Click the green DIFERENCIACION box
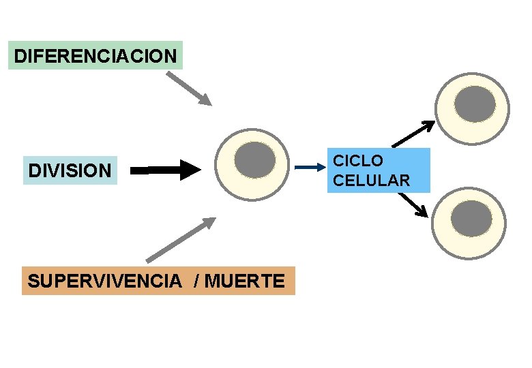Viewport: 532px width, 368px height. point(95,55)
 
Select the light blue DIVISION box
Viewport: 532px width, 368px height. point(70,170)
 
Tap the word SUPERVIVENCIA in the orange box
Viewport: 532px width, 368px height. point(104,280)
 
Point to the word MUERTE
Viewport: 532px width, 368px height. point(244,280)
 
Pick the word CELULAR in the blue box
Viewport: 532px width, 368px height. point(372,181)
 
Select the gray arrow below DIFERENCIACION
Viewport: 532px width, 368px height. point(190,89)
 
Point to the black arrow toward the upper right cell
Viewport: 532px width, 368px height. point(413,134)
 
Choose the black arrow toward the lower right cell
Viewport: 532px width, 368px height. point(413,204)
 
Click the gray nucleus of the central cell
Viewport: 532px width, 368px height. point(254,160)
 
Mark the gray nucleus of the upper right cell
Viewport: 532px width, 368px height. point(475,104)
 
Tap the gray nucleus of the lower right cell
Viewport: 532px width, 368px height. point(472,219)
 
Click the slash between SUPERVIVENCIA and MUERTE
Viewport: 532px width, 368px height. point(196,280)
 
